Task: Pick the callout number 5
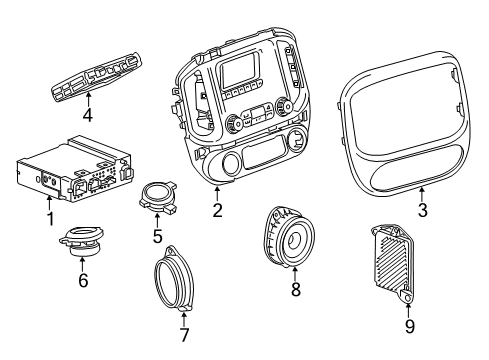pyautogui.click(x=156, y=236)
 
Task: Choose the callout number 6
pyautogui.click(x=83, y=281)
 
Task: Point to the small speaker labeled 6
pyautogui.click(x=82, y=242)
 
